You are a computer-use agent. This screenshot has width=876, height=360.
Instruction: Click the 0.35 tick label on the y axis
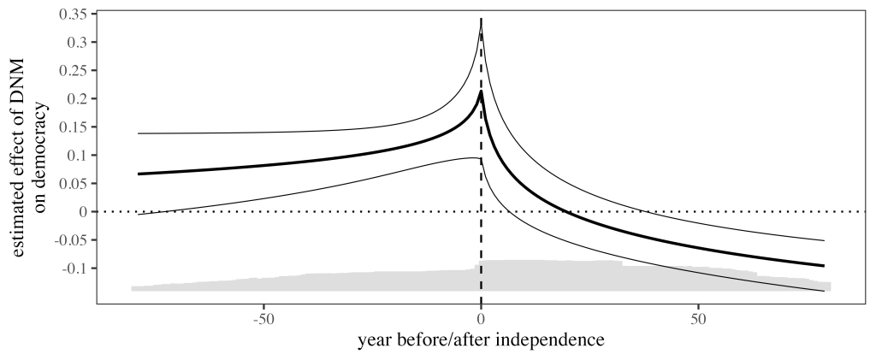click(x=75, y=15)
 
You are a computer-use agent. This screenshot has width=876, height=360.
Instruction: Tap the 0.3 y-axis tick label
click(x=80, y=43)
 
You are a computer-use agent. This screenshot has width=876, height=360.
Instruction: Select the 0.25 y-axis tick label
click(x=75, y=71)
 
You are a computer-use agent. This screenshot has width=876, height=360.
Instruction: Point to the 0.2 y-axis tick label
click(x=80, y=99)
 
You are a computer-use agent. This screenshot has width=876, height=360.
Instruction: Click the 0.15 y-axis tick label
click(x=75, y=127)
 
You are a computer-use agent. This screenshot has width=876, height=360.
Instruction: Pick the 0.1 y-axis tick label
click(x=80, y=156)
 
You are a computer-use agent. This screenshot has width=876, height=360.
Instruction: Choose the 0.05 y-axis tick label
click(x=75, y=184)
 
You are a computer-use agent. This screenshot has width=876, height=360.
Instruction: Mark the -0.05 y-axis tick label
click(x=73, y=240)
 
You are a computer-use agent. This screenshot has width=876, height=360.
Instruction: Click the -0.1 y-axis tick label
click(x=77, y=269)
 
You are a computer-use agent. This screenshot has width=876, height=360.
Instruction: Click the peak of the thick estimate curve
click(x=482, y=91)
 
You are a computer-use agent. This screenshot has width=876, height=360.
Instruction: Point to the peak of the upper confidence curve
click(x=482, y=28)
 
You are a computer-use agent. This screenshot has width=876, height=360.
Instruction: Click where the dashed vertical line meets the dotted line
click(x=482, y=212)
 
